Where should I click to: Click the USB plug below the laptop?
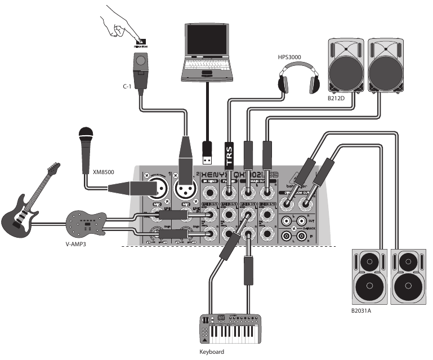(x=207, y=151)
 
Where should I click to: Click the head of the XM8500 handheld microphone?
(x=86, y=136)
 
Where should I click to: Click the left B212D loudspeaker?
(x=345, y=65)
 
